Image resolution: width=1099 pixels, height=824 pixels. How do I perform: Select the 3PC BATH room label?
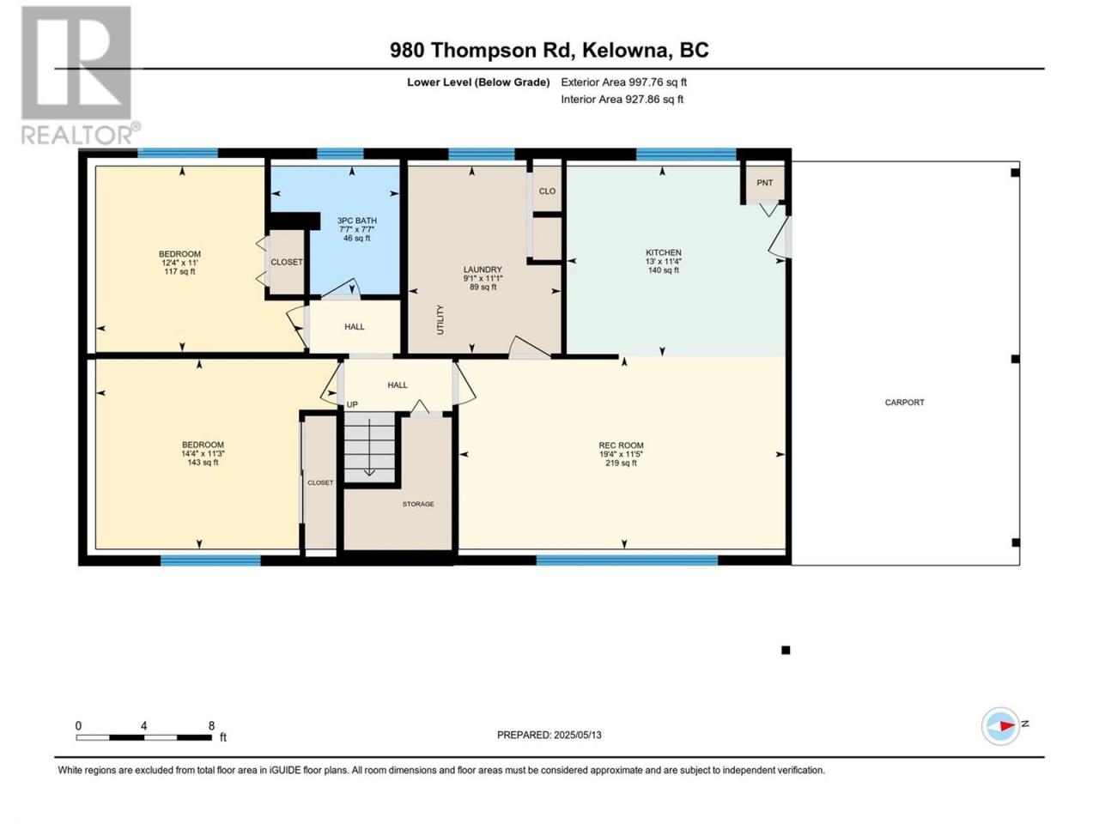tap(356, 229)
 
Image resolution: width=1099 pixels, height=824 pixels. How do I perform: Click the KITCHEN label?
tap(663, 261)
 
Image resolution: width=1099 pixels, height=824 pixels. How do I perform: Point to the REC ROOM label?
tap(621, 454)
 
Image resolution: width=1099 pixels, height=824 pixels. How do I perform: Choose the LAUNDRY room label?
tap(483, 278)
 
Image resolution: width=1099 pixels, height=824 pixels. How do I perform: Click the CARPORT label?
tap(904, 403)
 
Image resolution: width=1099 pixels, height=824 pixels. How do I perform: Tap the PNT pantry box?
tap(764, 183)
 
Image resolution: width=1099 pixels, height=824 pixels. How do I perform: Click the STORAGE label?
tap(418, 505)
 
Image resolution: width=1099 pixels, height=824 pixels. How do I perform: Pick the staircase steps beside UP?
tap(369, 447)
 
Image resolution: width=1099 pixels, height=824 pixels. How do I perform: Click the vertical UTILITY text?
tap(440, 319)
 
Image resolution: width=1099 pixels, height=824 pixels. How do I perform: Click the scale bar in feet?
tap(144, 737)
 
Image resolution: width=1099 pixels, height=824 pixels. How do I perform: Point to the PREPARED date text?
tap(549, 735)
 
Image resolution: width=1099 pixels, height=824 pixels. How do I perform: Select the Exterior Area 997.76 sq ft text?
tap(624, 82)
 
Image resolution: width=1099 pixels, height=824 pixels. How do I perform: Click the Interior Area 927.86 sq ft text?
tap(622, 99)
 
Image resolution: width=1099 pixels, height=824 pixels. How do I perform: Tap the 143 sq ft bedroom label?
tap(203, 453)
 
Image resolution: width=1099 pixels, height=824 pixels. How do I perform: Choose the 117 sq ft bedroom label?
tap(179, 263)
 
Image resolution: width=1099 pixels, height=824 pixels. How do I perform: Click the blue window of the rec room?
tap(627, 560)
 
